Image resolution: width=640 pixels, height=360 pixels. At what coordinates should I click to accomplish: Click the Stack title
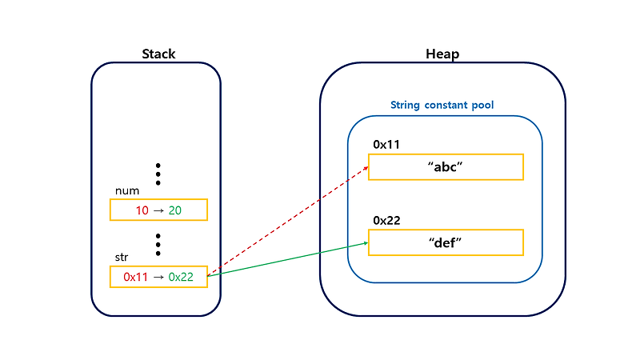(x=158, y=54)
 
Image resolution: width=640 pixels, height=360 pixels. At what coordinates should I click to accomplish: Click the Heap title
(x=442, y=54)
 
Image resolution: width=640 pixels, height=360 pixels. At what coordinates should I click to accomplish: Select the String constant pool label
(x=442, y=105)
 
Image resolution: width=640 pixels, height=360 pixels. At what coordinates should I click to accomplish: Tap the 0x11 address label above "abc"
(x=386, y=145)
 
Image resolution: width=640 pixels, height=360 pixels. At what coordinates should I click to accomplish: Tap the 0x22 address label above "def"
(x=386, y=220)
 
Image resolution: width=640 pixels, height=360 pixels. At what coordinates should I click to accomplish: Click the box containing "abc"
(x=446, y=167)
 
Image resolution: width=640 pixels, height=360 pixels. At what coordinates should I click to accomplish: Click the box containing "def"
(x=446, y=242)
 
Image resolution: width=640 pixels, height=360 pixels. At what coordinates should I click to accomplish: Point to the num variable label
(x=128, y=190)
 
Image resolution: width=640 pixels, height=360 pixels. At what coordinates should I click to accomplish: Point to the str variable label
(x=122, y=258)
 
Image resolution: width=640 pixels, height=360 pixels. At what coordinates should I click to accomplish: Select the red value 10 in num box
(x=142, y=210)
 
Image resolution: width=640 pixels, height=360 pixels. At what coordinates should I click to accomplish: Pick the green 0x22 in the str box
(x=180, y=277)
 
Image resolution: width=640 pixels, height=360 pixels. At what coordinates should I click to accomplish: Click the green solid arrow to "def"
(x=288, y=259)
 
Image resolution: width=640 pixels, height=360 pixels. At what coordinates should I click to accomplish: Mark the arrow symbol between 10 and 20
(x=158, y=210)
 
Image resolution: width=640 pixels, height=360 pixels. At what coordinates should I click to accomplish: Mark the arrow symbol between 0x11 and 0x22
(x=158, y=277)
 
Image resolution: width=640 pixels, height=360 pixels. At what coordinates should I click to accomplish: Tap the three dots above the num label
(x=158, y=174)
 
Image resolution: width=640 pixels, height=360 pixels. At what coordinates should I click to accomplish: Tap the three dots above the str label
(x=158, y=242)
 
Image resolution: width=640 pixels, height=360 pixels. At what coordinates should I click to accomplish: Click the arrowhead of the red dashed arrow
(x=365, y=169)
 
